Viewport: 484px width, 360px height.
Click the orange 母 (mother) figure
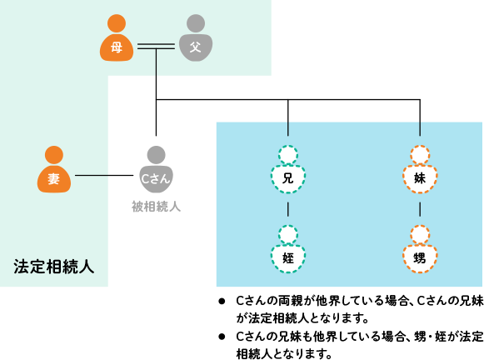point(117,38)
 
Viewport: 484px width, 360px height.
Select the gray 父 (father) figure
point(196,38)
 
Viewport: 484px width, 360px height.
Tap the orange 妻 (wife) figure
point(54,169)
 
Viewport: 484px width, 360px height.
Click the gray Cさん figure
point(156,169)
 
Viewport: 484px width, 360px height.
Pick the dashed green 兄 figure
point(288,169)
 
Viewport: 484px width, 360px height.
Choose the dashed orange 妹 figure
point(420,169)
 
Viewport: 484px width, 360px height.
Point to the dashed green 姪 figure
point(288,249)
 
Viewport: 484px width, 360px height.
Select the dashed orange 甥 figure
point(420,249)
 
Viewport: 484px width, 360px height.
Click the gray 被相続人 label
point(156,207)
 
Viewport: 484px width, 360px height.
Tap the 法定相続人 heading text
point(53,267)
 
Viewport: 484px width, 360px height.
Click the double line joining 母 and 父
point(156,47)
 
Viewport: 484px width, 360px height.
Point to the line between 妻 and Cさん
point(104,175)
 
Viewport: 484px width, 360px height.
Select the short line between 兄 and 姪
point(288,209)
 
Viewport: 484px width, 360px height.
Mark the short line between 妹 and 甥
point(420,209)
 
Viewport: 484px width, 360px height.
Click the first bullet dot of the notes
point(222,302)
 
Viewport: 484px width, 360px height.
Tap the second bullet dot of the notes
point(222,337)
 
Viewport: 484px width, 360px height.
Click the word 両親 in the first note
point(291,301)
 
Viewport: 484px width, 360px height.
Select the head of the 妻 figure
point(54,155)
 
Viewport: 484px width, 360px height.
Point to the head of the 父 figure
point(196,23)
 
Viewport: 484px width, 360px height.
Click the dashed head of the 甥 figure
point(420,235)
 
